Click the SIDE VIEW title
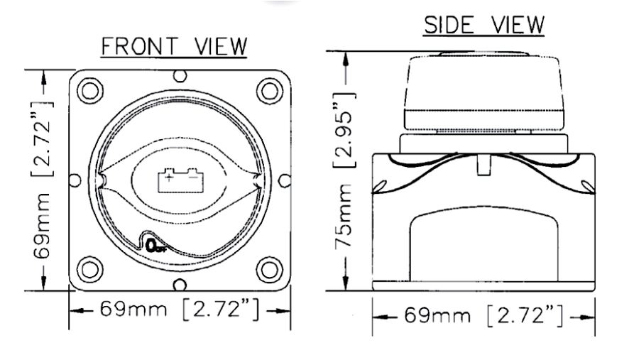[x=484, y=26]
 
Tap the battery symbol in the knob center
[x=180, y=177]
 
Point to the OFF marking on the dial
[x=154, y=246]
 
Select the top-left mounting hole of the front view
[x=90, y=90]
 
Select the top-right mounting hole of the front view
[x=268, y=90]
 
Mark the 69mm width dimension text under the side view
[x=438, y=315]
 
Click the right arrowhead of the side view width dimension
[x=589, y=316]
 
